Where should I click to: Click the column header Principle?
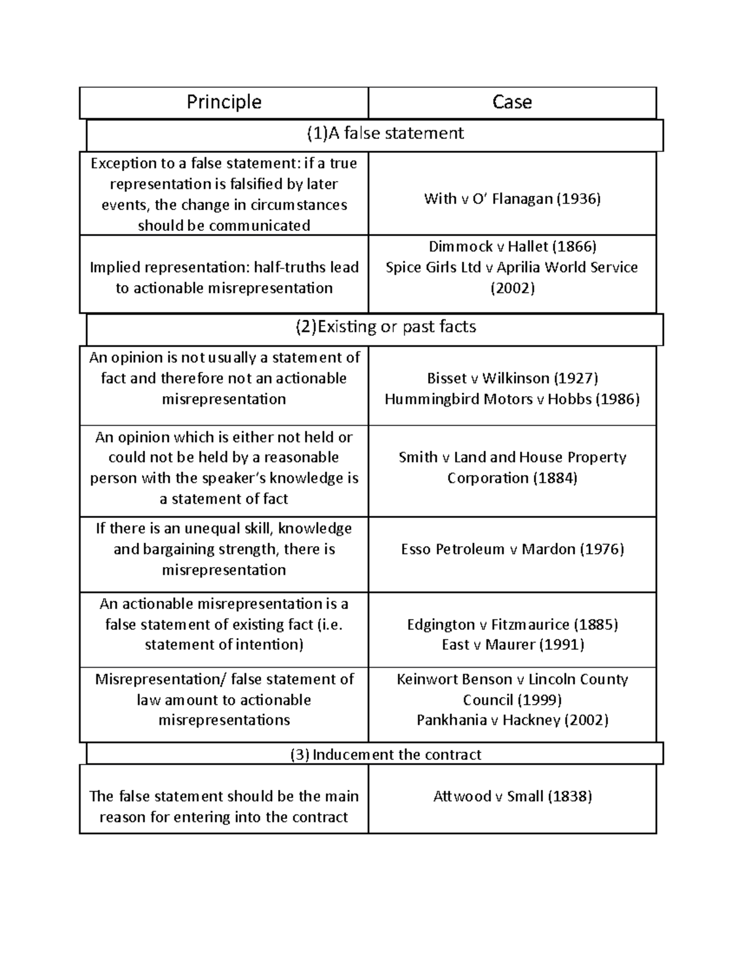(224, 102)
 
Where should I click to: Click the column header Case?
(512, 102)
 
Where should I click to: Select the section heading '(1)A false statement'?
(386, 133)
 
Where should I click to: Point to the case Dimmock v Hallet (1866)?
(512, 246)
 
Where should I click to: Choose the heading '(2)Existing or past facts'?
(386, 327)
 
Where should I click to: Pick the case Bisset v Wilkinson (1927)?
(512, 378)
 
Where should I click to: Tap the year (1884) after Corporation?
(555, 478)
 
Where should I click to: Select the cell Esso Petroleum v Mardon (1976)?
(512, 549)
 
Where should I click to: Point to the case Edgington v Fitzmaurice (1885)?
(512, 625)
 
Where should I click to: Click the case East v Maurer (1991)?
(512, 644)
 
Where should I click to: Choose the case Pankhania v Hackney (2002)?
(512, 720)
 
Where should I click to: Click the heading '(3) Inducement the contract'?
(386, 755)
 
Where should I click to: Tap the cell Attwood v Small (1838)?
(512, 797)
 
